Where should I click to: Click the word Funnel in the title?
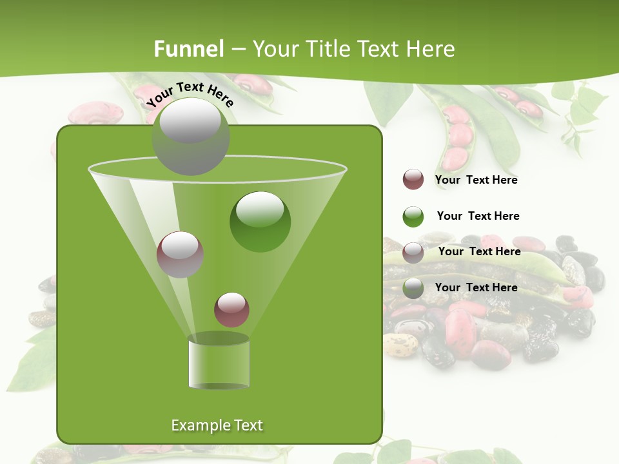point(189,49)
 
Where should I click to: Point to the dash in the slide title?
point(238,50)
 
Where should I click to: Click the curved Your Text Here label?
point(190,94)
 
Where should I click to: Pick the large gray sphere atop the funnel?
point(191,136)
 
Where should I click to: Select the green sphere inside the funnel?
point(260,221)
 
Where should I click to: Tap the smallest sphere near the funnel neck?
point(231,309)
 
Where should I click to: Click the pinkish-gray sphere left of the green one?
point(180,254)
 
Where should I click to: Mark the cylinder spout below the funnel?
point(219,362)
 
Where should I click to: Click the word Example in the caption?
point(195,425)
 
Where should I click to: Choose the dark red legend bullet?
point(413,180)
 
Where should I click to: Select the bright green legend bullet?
point(413,217)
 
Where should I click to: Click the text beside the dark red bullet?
point(476,180)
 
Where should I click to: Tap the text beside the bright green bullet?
point(478,217)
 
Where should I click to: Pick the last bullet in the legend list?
point(413,289)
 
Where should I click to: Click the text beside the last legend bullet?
point(476,287)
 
